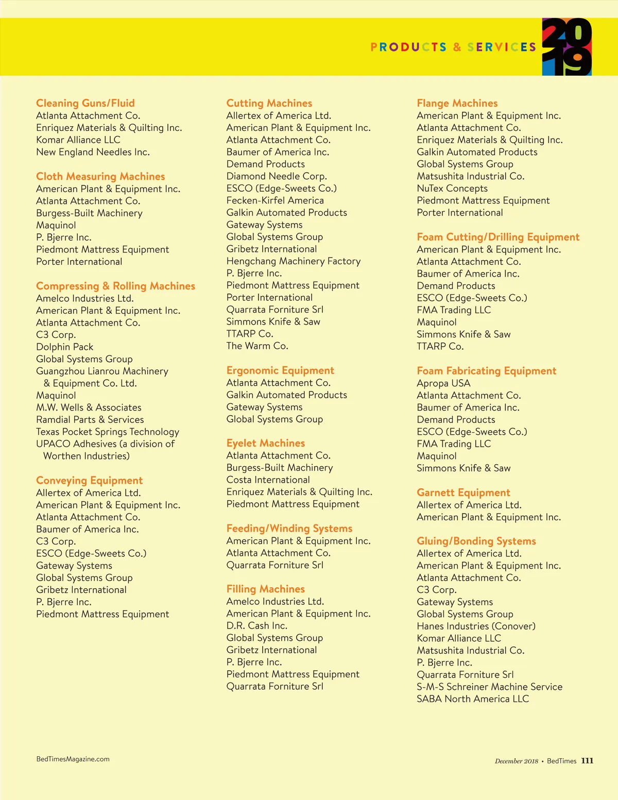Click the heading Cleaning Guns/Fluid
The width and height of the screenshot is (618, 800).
(x=85, y=103)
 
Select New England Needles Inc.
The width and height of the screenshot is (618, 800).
(x=93, y=152)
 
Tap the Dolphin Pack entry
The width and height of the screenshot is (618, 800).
(x=64, y=347)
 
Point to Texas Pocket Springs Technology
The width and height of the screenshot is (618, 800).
(x=108, y=432)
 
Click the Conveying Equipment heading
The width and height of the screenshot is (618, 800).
(x=89, y=480)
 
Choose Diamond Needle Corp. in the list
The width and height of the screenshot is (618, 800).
(x=277, y=176)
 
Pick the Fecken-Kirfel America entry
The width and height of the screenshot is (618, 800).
(x=275, y=200)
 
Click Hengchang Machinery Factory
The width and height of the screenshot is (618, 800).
(x=294, y=261)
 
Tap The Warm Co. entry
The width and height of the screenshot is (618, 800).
(x=257, y=346)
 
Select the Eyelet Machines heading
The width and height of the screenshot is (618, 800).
(x=266, y=443)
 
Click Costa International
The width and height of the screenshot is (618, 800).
(x=268, y=480)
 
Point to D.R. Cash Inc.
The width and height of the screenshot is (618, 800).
(x=257, y=625)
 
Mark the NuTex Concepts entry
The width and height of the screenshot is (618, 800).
(x=452, y=189)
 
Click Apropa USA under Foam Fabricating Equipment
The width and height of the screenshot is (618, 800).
(x=443, y=383)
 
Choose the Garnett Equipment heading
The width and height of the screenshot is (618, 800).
(x=463, y=492)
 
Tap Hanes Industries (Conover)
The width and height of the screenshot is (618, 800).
(x=476, y=626)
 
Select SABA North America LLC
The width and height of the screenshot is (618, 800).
(x=473, y=699)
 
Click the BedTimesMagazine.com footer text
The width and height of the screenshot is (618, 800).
(x=73, y=759)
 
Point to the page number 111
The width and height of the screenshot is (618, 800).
(x=587, y=761)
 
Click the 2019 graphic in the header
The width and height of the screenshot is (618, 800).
(x=566, y=47)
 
